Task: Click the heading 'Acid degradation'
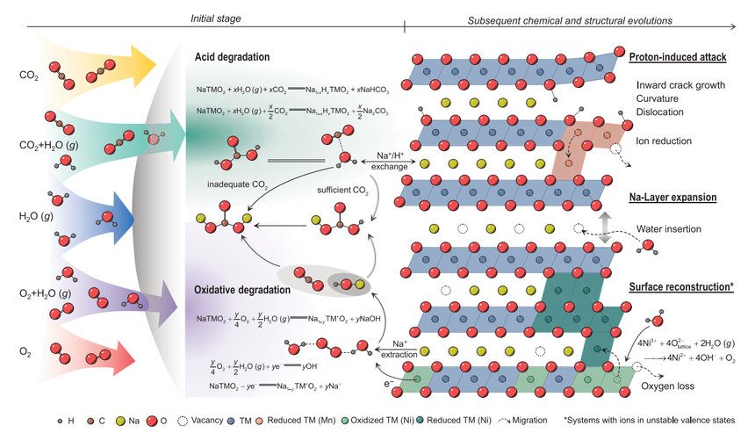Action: click(232, 58)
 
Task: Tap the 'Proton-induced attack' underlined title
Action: click(677, 58)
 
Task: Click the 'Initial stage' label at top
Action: click(216, 18)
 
